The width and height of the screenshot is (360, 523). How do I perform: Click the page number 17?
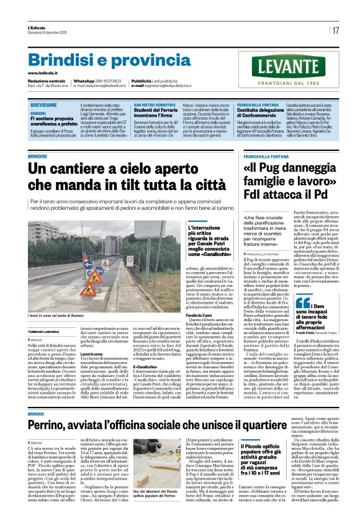(336, 30)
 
